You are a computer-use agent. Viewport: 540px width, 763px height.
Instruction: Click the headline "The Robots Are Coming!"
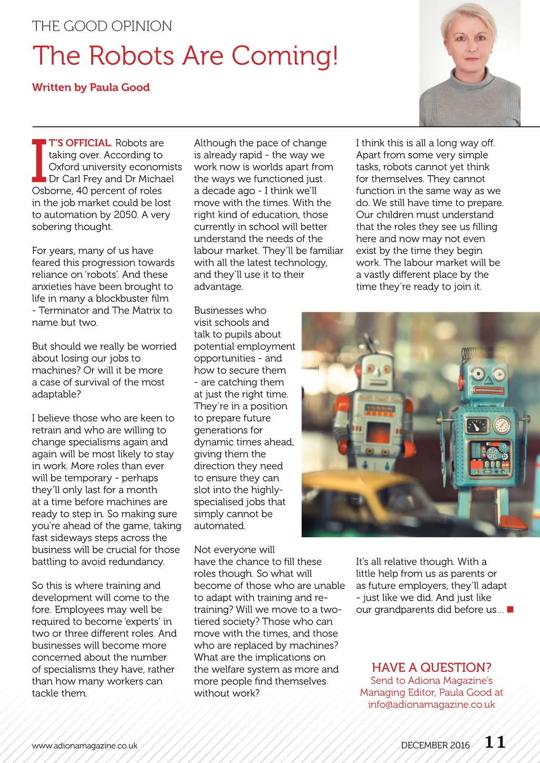pyautogui.click(x=185, y=56)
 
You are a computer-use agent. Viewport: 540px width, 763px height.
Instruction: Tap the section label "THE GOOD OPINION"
pyautogui.click(x=102, y=26)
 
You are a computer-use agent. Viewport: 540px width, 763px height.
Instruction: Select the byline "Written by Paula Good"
pyautogui.click(x=91, y=88)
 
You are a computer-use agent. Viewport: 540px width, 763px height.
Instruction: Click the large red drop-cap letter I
pyautogui.click(x=38, y=160)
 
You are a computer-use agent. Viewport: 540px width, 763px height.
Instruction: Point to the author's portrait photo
pyautogui.click(x=469, y=63)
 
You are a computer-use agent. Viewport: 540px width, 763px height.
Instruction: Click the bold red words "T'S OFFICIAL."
pyautogui.click(x=80, y=143)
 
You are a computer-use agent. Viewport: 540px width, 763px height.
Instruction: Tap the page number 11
pyautogui.click(x=495, y=742)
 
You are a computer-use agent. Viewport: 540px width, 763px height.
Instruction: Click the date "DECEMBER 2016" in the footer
pyautogui.click(x=435, y=745)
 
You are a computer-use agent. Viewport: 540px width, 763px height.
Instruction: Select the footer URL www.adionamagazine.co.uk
pyautogui.click(x=84, y=746)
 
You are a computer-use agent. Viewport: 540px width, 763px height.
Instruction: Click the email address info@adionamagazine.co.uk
pyautogui.click(x=431, y=704)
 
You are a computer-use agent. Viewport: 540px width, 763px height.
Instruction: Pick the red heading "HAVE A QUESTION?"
pyautogui.click(x=431, y=667)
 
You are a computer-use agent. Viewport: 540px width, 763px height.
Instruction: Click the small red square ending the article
pyautogui.click(x=510, y=610)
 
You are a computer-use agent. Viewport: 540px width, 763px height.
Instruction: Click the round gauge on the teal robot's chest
pyautogui.click(x=502, y=425)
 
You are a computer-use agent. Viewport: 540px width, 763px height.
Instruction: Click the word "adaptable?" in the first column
pyautogui.click(x=56, y=394)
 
